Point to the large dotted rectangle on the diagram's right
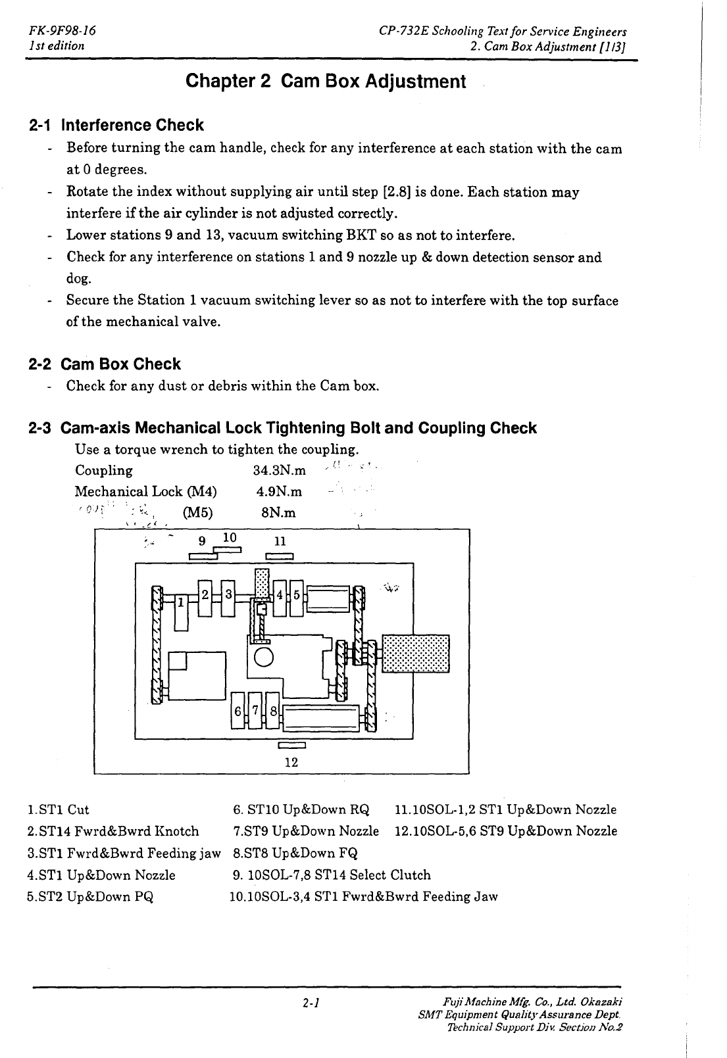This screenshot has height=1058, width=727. [x=416, y=654]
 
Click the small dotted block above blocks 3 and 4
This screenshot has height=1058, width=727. [x=263, y=584]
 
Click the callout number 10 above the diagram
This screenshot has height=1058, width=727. [x=230, y=537]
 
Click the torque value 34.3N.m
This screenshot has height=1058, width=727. [x=279, y=471]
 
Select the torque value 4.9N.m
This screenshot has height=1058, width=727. [x=279, y=492]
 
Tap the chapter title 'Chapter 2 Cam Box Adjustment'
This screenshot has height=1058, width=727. [x=326, y=82]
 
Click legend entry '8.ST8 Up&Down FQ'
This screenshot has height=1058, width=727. [x=295, y=854]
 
